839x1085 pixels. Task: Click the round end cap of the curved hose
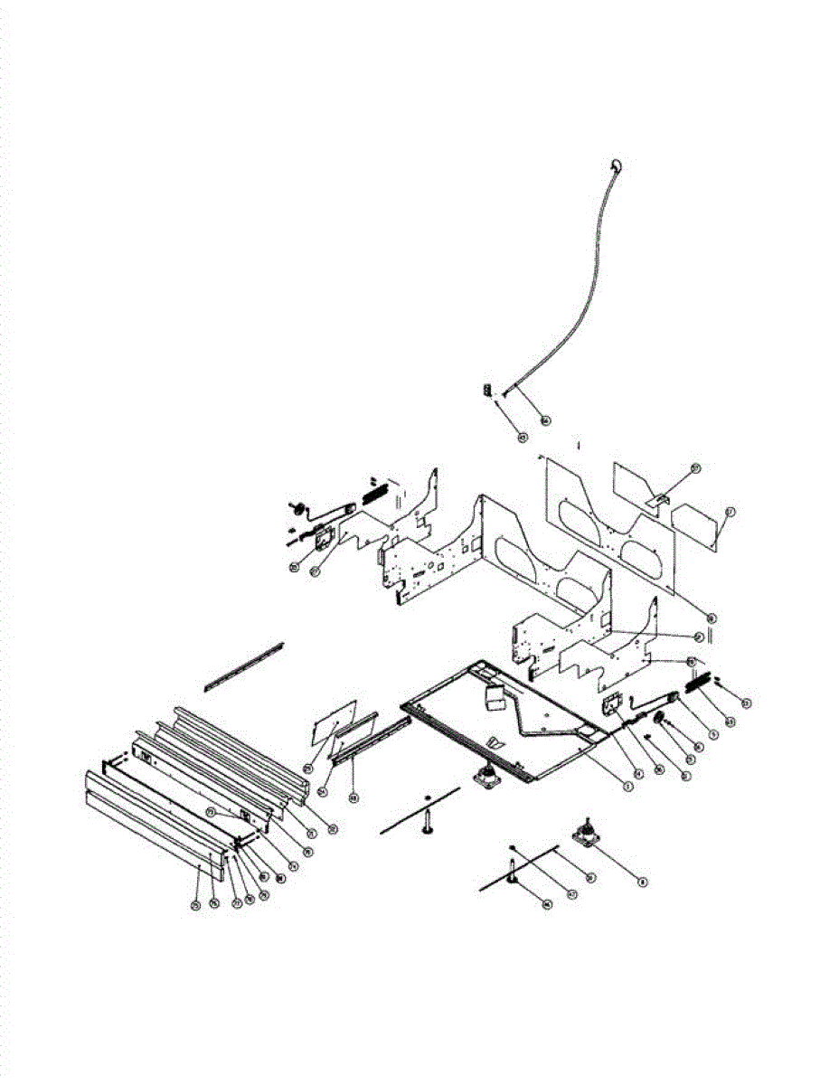tap(615, 164)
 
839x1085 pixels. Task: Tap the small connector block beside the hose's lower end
tap(485, 391)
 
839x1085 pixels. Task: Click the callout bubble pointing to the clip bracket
tap(695, 467)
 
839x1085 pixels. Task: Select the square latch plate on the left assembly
tap(323, 538)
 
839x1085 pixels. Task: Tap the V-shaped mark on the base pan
tap(492, 741)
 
